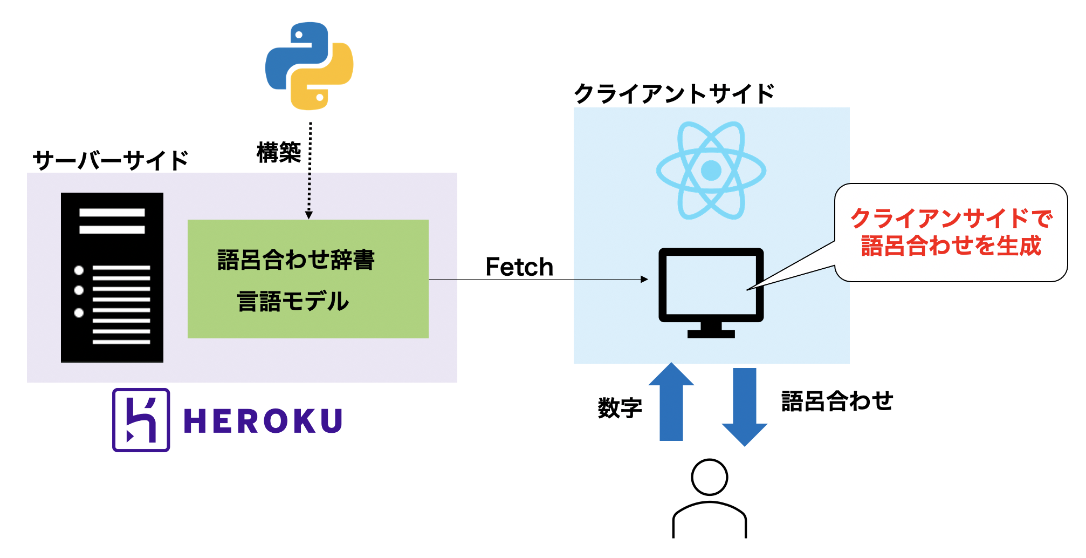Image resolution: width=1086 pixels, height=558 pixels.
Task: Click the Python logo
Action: coord(309,66)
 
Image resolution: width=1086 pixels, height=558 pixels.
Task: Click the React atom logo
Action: coord(711,171)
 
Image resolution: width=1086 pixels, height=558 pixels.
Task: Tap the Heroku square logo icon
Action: coord(141,420)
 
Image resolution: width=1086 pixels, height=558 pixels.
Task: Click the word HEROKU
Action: coord(263,421)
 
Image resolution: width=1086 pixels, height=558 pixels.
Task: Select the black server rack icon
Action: coord(112,277)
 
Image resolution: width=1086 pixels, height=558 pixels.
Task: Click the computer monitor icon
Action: coord(711,291)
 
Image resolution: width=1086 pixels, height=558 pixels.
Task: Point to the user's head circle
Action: coord(709,477)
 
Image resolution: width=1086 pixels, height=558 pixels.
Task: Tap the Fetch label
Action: coord(519,267)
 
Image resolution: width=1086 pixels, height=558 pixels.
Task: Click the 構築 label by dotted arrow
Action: coord(278,153)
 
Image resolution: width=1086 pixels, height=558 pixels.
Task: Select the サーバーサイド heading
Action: coord(111,160)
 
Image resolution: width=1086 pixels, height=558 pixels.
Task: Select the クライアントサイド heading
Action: coord(674,94)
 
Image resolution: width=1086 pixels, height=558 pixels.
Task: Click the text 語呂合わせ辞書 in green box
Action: coord(295,260)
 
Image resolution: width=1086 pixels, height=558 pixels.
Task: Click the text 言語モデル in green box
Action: coord(293,301)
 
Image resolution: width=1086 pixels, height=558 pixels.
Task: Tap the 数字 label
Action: coord(620,408)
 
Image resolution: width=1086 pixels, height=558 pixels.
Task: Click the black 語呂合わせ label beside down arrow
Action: coord(836,402)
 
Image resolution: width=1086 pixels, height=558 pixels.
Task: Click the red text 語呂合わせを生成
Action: coord(951,246)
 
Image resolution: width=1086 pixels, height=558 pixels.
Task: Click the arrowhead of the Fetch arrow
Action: coord(644,279)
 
